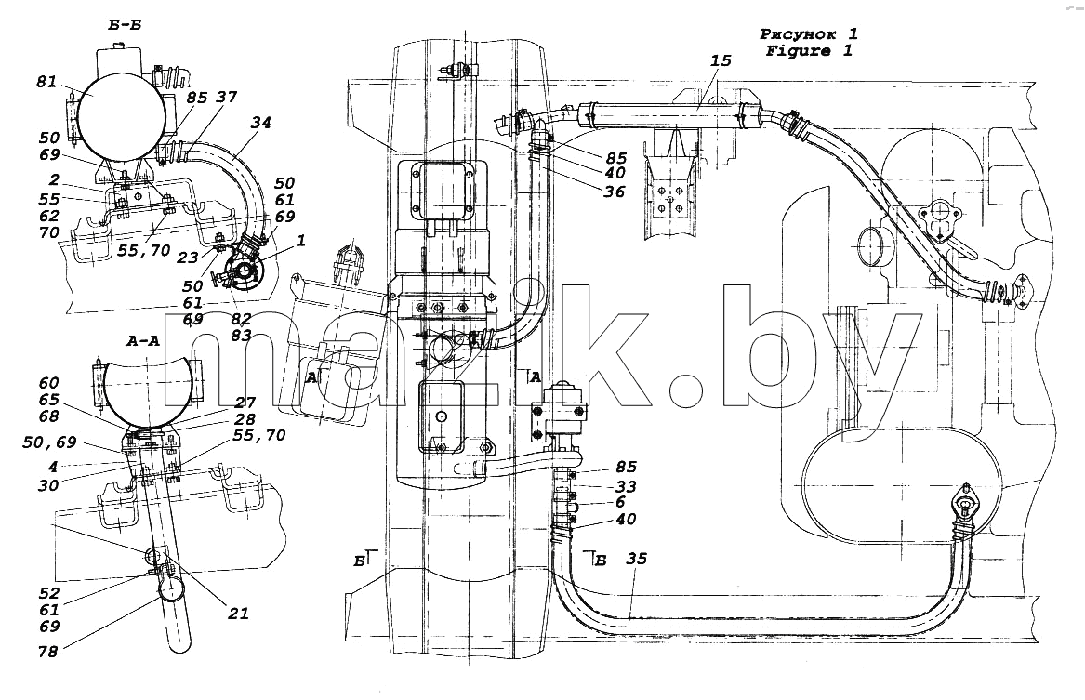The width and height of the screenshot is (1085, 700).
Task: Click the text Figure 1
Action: pos(809,50)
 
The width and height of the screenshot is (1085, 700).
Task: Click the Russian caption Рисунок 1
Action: pos(809,33)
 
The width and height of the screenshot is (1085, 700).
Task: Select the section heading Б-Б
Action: pos(125,26)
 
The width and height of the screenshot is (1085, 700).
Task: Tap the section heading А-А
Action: pos(143,340)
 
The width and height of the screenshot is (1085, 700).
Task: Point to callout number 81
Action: pos(46,83)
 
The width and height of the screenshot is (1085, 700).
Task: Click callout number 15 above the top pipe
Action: pos(721,60)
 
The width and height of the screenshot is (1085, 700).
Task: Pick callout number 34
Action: pos(261,123)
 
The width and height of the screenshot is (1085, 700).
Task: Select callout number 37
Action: pos(226,98)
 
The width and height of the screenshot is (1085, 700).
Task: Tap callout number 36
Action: pos(614,192)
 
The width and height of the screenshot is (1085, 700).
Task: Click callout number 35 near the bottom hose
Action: pos(636,558)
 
